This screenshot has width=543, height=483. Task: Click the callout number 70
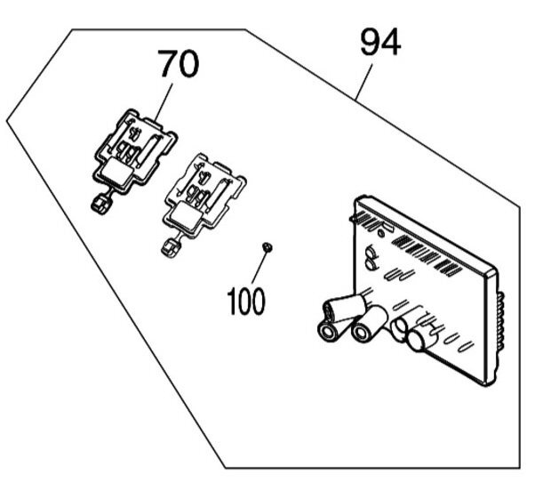(179, 64)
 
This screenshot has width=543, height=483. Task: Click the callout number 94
(380, 42)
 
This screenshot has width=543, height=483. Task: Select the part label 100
(245, 301)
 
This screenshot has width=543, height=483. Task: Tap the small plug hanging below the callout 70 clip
(100, 204)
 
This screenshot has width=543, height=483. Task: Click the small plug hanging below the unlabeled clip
(167, 246)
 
